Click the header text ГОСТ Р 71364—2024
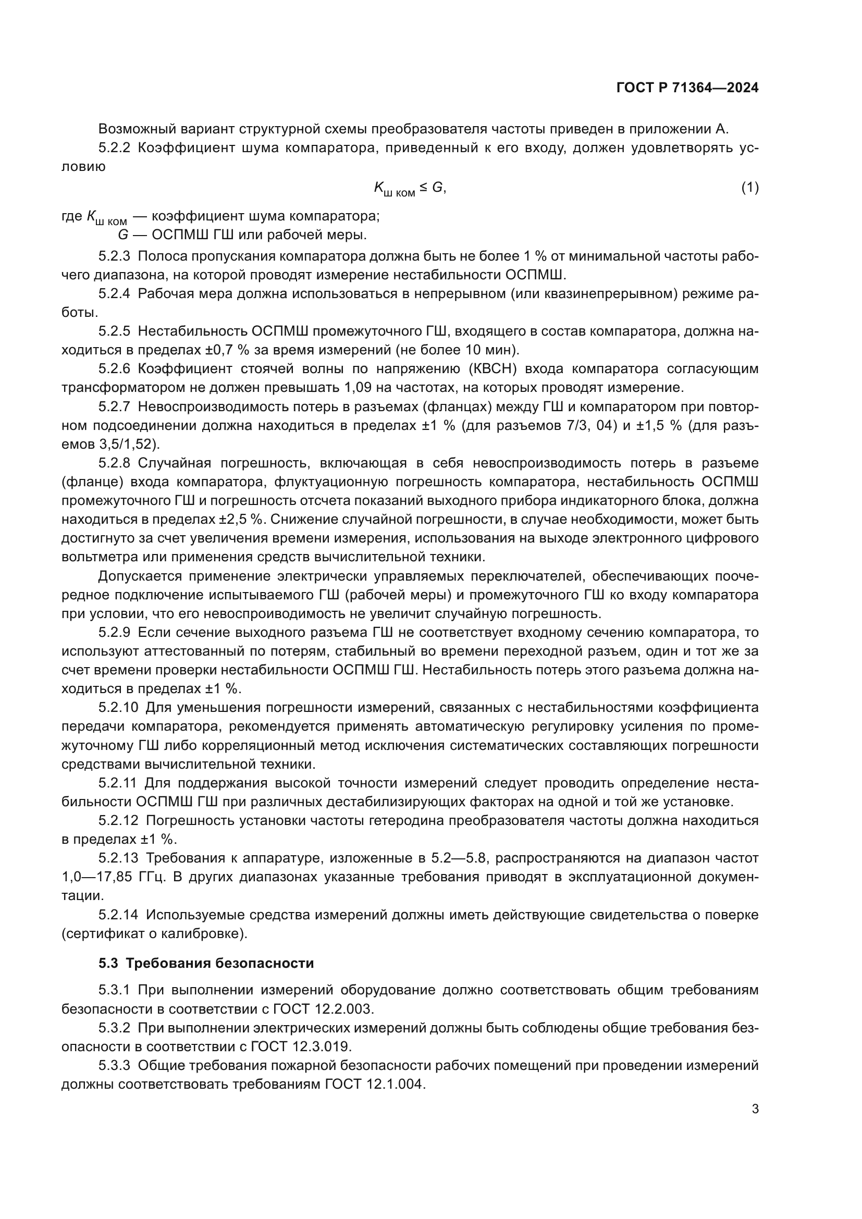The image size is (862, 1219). (x=687, y=88)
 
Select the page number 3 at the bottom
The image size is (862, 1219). (x=755, y=1109)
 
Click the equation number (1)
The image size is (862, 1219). (x=749, y=188)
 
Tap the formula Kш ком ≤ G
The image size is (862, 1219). (x=409, y=189)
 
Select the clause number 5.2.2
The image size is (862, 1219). (x=114, y=147)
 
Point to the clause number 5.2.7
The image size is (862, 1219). (x=114, y=407)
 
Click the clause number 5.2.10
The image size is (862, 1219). (x=118, y=707)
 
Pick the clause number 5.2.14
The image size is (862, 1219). (x=118, y=915)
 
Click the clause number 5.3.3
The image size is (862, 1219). (x=114, y=1066)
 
